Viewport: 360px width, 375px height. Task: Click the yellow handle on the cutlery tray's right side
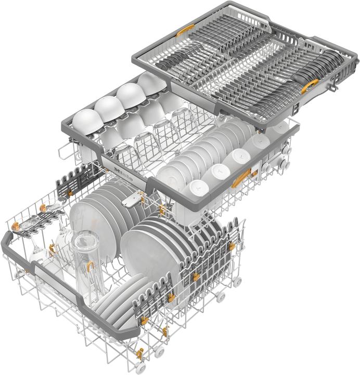pos(310,86)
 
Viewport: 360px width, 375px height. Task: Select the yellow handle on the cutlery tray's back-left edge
pos(185,30)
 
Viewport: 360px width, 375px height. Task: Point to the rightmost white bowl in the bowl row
pos(152,83)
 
